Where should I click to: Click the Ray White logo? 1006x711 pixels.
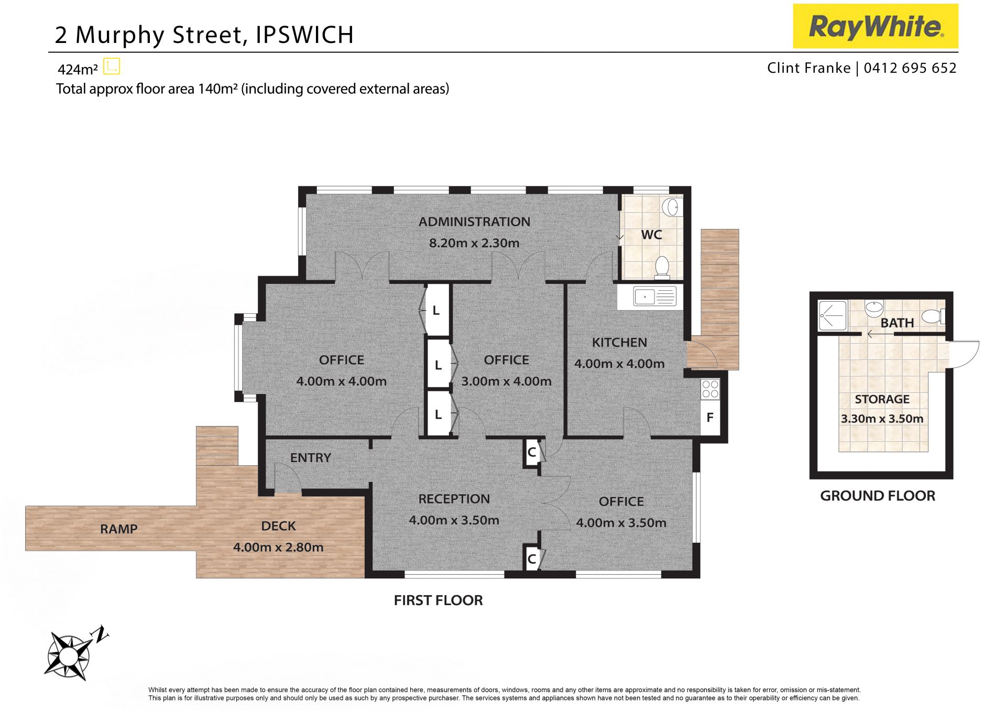pyautogui.click(x=875, y=26)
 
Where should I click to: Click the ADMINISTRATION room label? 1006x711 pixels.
pyautogui.click(x=474, y=222)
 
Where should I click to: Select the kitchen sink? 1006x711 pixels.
pyautogui.click(x=654, y=297)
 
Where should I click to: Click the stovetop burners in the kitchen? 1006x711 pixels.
pyautogui.click(x=710, y=389)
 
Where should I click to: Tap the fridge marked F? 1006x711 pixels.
pyautogui.click(x=710, y=417)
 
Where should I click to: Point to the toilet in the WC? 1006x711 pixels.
pyautogui.click(x=662, y=267)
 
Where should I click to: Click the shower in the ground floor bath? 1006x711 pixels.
pyautogui.click(x=832, y=315)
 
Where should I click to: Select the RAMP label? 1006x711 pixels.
pyautogui.click(x=119, y=529)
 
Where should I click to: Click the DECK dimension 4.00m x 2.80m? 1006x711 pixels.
pyautogui.click(x=278, y=547)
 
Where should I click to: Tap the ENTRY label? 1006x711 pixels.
pyautogui.click(x=311, y=458)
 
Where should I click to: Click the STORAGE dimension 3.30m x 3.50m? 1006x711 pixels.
pyautogui.click(x=882, y=419)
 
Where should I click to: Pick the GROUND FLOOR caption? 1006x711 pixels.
pyautogui.click(x=878, y=496)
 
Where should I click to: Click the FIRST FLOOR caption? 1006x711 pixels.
pyautogui.click(x=439, y=600)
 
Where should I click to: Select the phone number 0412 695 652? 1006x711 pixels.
pyautogui.click(x=910, y=68)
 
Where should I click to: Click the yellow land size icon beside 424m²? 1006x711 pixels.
pyautogui.click(x=112, y=67)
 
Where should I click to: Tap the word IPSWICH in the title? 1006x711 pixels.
pyautogui.click(x=304, y=35)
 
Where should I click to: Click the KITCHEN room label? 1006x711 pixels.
pyautogui.click(x=619, y=343)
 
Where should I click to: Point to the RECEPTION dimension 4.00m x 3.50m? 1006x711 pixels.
pyautogui.click(x=454, y=520)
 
